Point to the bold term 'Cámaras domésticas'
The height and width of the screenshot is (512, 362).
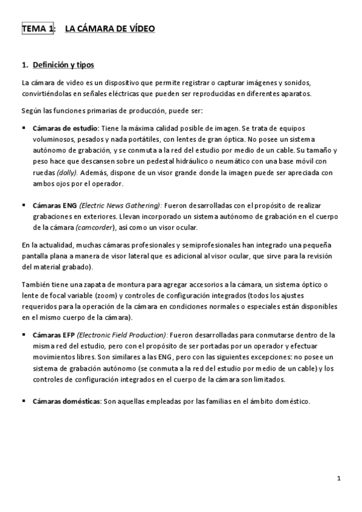tap(66, 401)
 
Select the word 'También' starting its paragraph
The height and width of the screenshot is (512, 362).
tap(36, 285)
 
